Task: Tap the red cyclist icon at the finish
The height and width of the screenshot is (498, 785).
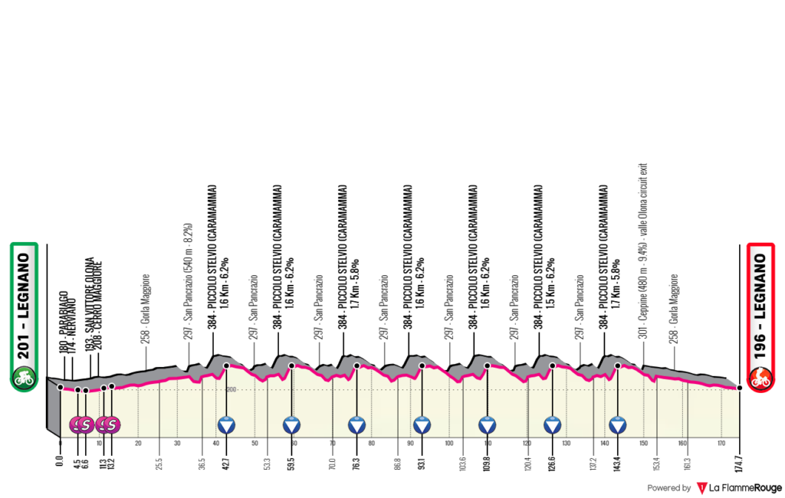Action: pyautogui.click(x=761, y=377)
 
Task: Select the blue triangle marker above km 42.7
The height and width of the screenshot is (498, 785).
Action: pyautogui.click(x=226, y=424)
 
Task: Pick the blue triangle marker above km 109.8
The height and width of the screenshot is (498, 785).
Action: pyautogui.click(x=487, y=424)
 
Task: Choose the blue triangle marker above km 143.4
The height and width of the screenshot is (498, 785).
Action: pyautogui.click(x=618, y=424)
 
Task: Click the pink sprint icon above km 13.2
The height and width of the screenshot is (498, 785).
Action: pyautogui.click(x=112, y=424)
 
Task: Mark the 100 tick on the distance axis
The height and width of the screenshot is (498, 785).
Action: pyautogui.click(x=448, y=443)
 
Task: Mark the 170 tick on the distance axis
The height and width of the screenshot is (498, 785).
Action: pyautogui.click(x=721, y=443)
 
